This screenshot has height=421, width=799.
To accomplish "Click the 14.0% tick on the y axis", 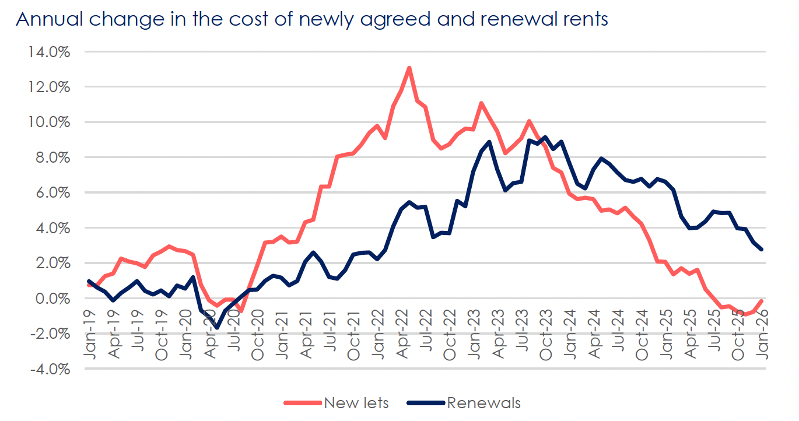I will click(49, 52).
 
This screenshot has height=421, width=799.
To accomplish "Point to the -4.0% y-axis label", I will click(49, 369).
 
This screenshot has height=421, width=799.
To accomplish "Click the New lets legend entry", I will click(356, 403).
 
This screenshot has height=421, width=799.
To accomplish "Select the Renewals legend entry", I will click(483, 403).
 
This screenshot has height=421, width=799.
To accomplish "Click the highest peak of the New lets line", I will click(409, 68).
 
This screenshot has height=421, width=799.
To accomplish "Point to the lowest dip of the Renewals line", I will click(217, 328).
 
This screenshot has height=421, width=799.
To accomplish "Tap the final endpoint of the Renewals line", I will click(762, 250).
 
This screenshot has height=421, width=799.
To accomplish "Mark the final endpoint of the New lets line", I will click(762, 301).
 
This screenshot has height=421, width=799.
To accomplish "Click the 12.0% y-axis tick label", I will click(49, 87).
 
